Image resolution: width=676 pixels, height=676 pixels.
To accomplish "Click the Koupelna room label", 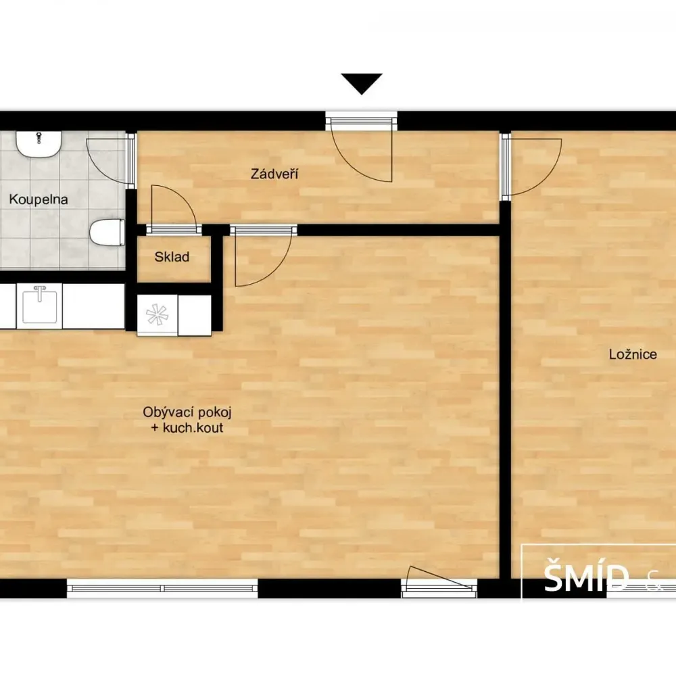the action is pyautogui.click(x=39, y=199).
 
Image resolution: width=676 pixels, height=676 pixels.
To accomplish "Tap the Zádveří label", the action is pyautogui.click(x=274, y=174).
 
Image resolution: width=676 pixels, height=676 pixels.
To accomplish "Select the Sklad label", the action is pyautogui.click(x=172, y=257).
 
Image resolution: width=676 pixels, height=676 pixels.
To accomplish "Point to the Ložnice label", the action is pyautogui.click(x=633, y=354).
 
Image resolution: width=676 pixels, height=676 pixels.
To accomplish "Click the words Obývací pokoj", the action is pyautogui.click(x=187, y=412).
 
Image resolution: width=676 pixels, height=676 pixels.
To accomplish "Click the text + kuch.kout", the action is pyautogui.click(x=187, y=428).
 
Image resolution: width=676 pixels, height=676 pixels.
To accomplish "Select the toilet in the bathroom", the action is pyautogui.click(x=107, y=233).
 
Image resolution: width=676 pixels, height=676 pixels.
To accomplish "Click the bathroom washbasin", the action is pyautogui.click(x=39, y=144).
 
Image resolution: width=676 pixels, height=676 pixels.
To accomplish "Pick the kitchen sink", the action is pyautogui.click(x=39, y=306).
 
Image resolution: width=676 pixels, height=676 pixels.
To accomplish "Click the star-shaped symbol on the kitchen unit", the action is pyautogui.click(x=157, y=314).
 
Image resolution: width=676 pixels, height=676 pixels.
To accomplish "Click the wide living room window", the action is pyautogui.click(x=162, y=589).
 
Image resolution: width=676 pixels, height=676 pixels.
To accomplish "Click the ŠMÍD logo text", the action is pyautogui.click(x=586, y=578).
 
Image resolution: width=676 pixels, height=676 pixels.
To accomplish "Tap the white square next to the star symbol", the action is pyautogui.click(x=195, y=315).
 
